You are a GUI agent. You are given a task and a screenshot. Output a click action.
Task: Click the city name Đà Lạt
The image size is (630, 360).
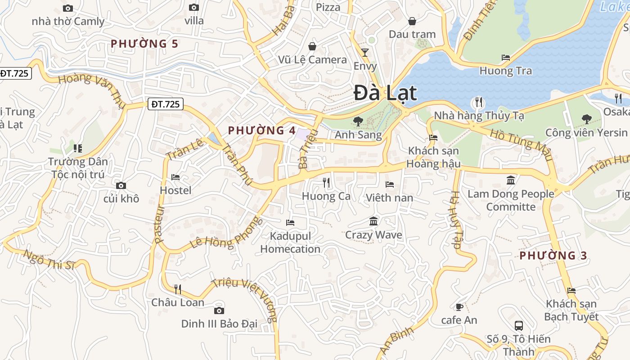(x=385, y=93)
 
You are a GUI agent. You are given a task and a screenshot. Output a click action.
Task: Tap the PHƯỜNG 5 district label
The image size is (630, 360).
(x=144, y=44)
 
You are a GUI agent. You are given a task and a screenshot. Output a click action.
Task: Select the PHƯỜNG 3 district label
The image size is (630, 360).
(x=553, y=256)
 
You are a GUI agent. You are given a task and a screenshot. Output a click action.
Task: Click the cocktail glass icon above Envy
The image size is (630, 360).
(x=365, y=53)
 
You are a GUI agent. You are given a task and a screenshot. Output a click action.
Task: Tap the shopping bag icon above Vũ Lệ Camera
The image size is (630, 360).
(x=312, y=46)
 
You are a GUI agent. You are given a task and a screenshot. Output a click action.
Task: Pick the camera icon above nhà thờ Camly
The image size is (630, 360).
(x=68, y=8)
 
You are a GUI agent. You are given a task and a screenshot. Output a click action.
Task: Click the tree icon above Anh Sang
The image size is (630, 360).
(x=358, y=121)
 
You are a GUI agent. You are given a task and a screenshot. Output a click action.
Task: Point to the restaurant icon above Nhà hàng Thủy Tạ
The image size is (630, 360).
(x=479, y=102)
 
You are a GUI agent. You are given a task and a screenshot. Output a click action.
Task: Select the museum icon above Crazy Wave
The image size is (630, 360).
(x=373, y=221)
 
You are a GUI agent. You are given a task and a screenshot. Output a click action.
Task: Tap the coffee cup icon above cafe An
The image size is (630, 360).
(x=459, y=307)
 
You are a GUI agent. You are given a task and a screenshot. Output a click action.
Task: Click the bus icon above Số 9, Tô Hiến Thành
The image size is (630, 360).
(x=519, y=325)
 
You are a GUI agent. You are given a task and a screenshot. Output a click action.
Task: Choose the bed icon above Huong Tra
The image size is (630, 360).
(x=506, y=58)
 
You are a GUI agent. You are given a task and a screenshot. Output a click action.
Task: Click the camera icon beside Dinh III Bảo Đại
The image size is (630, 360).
(x=219, y=310)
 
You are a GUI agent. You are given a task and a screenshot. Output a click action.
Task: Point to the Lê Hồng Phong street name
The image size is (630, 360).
(x=225, y=233)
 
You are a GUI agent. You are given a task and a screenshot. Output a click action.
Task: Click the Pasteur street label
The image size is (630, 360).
(x=158, y=224)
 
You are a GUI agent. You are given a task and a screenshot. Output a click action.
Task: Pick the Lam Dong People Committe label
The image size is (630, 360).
(x=511, y=200)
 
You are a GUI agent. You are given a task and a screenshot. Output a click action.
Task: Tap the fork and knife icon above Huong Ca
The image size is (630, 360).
(x=327, y=182)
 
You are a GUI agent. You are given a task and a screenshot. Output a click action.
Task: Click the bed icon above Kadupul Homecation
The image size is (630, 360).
(x=290, y=222)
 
